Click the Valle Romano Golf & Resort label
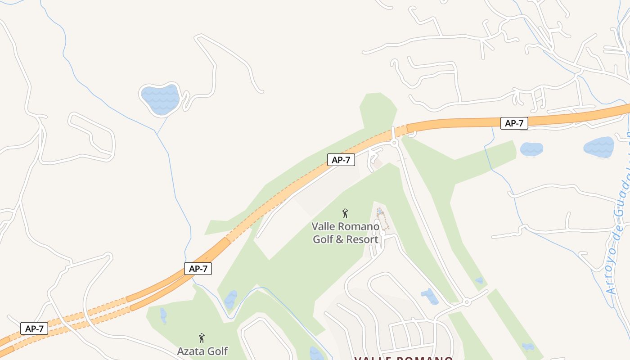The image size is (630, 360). pos(346,233)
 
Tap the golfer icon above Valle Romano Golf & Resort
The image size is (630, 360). pos(345,213)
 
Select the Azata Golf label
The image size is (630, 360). pos(202,351)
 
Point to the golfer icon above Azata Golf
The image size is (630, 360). pos(202,338)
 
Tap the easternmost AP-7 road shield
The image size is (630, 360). pos(514,123)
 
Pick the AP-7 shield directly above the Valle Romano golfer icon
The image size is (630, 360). pos(341,159)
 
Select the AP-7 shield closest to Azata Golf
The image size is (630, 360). pos(198,269)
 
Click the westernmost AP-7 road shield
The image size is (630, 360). pos(34,328)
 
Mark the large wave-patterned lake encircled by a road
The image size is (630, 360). pos(160,99)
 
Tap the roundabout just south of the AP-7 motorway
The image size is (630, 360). pos(395,143)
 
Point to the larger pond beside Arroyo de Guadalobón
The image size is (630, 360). pos(598,147)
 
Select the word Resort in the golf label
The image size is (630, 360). pos(359,239)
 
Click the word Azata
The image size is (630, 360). pos(190,351)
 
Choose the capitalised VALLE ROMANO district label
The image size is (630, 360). pos(403,358)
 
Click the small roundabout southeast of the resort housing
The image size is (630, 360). pos(467,302)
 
